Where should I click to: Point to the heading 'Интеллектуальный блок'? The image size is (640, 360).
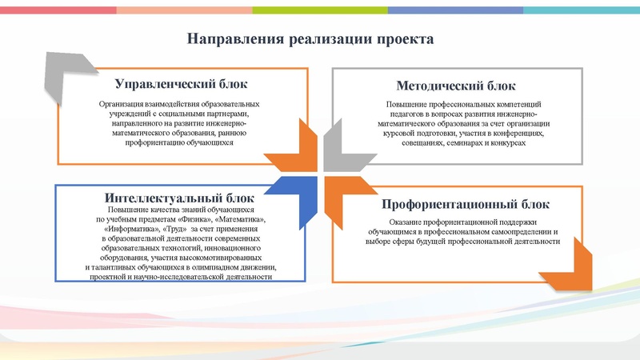click(x=179, y=198)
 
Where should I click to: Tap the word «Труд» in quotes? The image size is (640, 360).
click(x=175, y=228)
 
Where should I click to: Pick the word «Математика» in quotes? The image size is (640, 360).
click(x=238, y=218)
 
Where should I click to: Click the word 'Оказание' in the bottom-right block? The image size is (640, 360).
click(x=406, y=221)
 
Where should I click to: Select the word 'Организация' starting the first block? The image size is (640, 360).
click(x=120, y=104)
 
